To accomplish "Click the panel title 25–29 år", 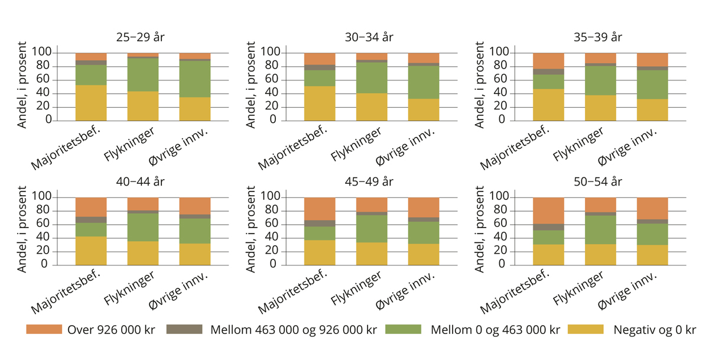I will (141, 37).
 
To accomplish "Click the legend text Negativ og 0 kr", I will (655, 330).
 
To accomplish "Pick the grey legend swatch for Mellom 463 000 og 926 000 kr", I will (185, 330).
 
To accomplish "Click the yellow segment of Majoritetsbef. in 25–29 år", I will (91, 103).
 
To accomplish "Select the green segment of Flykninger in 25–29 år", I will (143, 74).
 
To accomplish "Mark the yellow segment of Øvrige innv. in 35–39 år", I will (652, 109).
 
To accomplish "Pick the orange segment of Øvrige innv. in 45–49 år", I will (423, 207).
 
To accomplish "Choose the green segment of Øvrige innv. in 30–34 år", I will (423, 82).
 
